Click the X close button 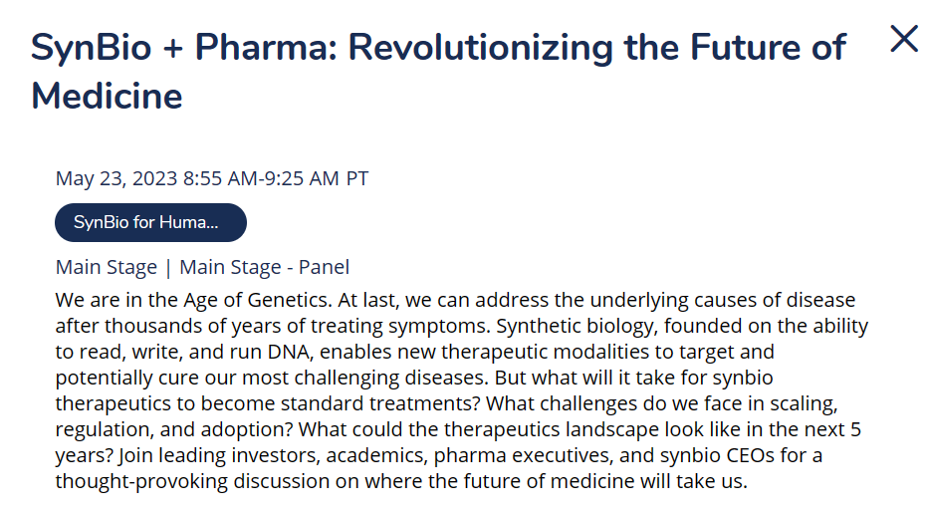[x=904, y=39]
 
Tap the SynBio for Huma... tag [x=150, y=222]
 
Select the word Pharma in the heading [x=266, y=48]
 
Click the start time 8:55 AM [x=220, y=178]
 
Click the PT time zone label [x=357, y=178]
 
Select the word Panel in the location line [x=324, y=267]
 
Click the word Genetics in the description [x=289, y=300]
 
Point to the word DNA [x=289, y=352]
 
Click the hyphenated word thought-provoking [x=141, y=482]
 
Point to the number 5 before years [x=855, y=429]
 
